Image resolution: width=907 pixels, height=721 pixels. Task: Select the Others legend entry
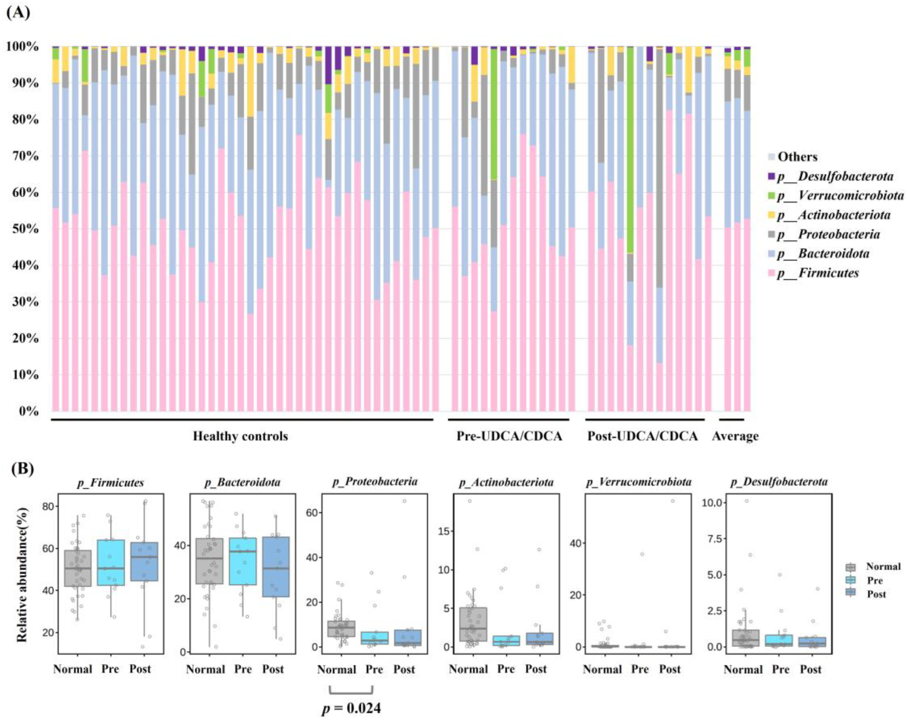point(797,157)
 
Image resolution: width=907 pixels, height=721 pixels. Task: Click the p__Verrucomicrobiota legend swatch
point(771,196)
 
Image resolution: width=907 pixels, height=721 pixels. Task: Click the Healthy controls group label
point(240,436)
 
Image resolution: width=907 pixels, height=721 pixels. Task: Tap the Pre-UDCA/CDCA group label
point(509,436)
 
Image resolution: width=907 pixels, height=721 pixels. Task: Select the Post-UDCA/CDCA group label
point(642,436)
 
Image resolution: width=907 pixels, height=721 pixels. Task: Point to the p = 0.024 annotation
point(351,708)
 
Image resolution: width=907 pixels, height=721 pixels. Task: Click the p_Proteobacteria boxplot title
point(375,482)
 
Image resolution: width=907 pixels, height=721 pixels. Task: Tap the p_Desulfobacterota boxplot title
point(779,482)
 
